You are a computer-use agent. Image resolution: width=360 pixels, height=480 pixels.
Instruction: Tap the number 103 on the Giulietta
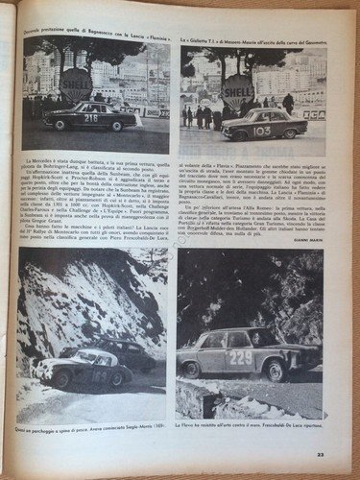261,130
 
